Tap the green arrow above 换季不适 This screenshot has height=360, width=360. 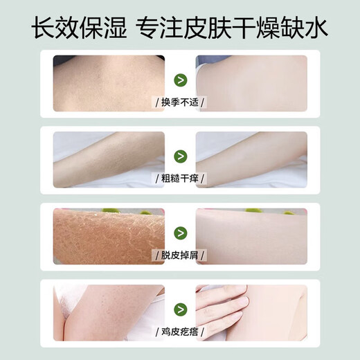click(x=180, y=81)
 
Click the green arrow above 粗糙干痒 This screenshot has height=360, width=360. click(x=180, y=156)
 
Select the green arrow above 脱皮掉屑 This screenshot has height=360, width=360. click(x=180, y=232)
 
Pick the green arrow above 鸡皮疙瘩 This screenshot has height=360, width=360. click(x=180, y=307)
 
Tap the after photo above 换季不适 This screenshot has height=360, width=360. click(x=251, y=80)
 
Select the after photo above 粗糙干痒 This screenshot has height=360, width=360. click(x=251, y=156)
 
